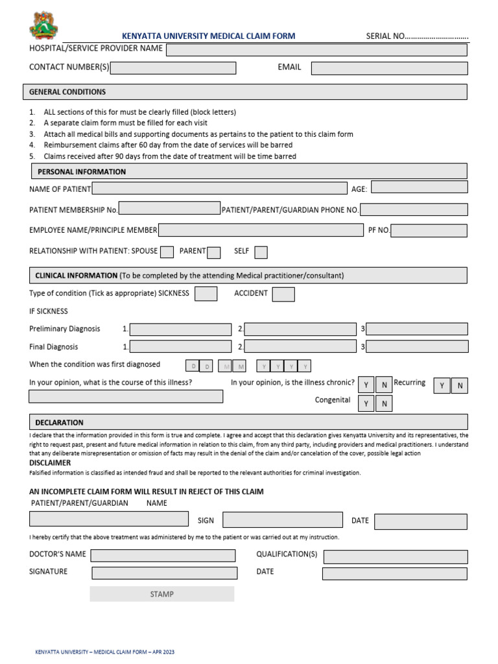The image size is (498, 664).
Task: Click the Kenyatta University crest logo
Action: click(x=44, y=25)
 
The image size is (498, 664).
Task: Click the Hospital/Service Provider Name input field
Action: click(x=316, y=50)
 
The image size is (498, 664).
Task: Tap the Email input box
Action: click(x=389, y=68)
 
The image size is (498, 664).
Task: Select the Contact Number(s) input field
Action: click(x=173, y=68)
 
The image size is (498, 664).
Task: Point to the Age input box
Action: click(x=419, y=187)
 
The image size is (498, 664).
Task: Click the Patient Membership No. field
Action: click(x=170, y=209)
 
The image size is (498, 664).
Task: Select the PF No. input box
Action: click(x=429, y=231)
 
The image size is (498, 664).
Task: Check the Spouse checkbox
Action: click(x=167, y=252)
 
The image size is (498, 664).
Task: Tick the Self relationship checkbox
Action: click(x=261, y=252)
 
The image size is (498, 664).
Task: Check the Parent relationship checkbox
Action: click(x=214, y=252)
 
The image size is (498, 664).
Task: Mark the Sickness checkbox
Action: click(x=206, y=294)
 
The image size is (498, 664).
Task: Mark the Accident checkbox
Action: click(x=283, y=294)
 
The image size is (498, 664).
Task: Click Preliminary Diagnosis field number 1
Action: click(x=181, y=329)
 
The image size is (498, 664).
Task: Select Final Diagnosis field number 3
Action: click(x=417, y=347)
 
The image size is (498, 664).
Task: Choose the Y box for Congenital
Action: click(x=366, y=404)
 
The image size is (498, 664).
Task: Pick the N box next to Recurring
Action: click(x=460, y=386)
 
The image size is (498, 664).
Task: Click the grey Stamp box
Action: click(x=161, y=594)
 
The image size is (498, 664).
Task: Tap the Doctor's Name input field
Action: click(x=163, y=555)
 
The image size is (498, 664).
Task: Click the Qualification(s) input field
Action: click(x=396, y=556)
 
